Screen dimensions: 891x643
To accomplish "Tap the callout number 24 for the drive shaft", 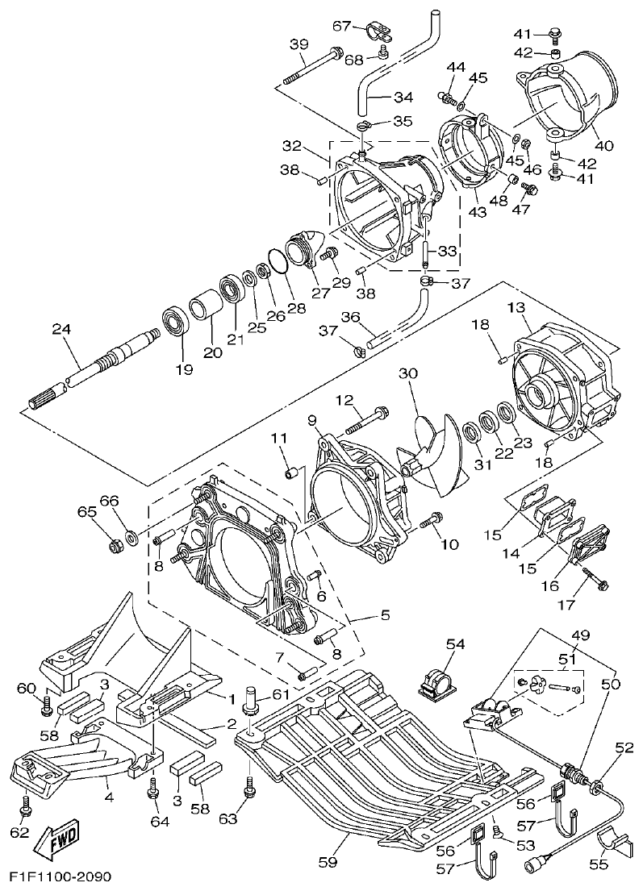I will click(61, 330).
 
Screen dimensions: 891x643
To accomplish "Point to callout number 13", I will click(516, 308).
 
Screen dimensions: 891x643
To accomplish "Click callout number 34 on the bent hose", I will click(403, 98).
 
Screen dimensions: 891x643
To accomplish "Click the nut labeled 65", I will click(116, 546).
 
